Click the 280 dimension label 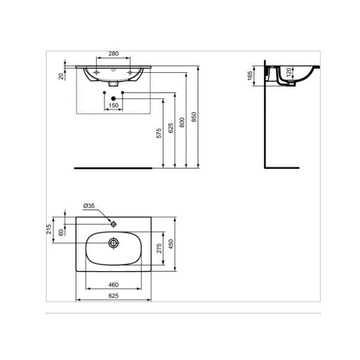(x=113, y=54)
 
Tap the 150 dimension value (x=113, y=105)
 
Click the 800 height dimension (x=182, y=119)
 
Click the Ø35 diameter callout (x=89, y=206)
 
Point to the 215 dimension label (x=50, y=230)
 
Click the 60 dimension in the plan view (x=61, y=232)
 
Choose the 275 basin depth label (x=159, y=248)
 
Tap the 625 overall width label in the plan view (x=113, y=296)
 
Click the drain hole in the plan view (x=113, y=243)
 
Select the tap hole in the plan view (x=113, y=224)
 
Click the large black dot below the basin (x=113, y=98)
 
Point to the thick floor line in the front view (x=113, y=168)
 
